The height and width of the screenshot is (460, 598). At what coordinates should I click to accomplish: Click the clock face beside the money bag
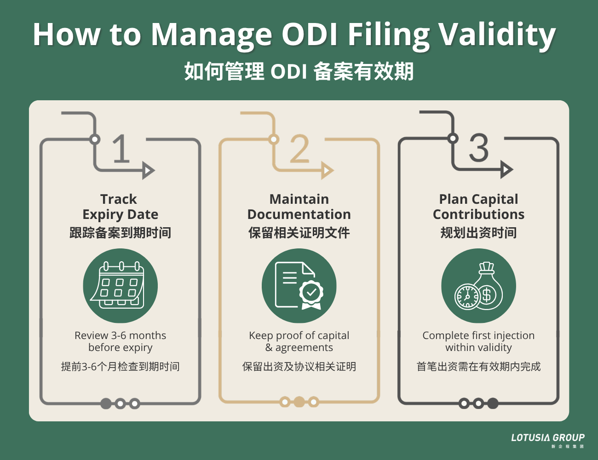[467, 297]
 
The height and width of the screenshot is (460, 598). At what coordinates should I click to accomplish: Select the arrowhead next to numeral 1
[148, 171]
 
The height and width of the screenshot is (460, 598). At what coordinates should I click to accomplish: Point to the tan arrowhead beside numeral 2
[327, 171]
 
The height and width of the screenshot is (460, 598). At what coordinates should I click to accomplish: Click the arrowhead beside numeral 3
[506, 170]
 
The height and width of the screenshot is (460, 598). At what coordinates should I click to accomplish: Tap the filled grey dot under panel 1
[106, 404]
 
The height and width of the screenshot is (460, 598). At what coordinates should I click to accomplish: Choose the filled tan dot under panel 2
[299, 402]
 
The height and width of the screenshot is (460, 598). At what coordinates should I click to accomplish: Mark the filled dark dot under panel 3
[493, 403]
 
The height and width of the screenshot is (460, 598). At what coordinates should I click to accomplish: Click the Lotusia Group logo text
[547, 438]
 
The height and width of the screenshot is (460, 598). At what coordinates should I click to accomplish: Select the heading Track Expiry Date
[120, 207]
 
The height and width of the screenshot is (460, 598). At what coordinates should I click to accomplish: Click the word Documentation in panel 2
[299, 214]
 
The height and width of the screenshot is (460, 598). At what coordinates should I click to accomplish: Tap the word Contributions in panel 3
[478, 214]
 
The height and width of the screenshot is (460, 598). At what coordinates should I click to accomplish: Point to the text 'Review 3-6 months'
[120, 335]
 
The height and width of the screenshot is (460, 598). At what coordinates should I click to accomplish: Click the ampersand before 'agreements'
[269, 348]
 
